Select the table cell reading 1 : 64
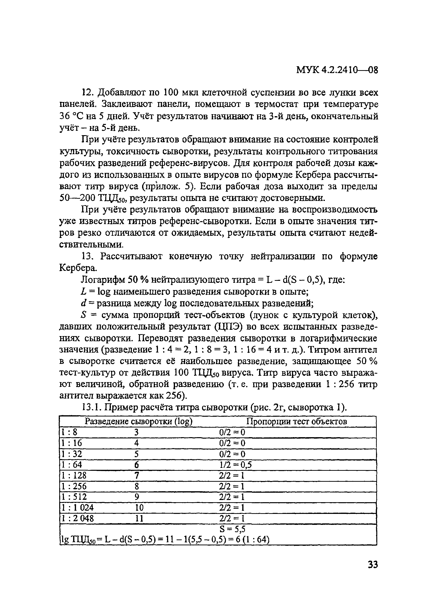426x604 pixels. pyautogui.click(x=71, y=472)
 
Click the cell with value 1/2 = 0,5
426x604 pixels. pyautogui.click(x=235, y=472)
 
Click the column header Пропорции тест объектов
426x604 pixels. pyautogui.click(x=296, y=429)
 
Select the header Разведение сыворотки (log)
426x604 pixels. pyautogui.click(x=138, y=429)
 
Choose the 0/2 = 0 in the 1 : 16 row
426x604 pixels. pyautogui.click(x=232, y=451)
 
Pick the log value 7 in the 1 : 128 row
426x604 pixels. pyautogui.click(x=136, y=483)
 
